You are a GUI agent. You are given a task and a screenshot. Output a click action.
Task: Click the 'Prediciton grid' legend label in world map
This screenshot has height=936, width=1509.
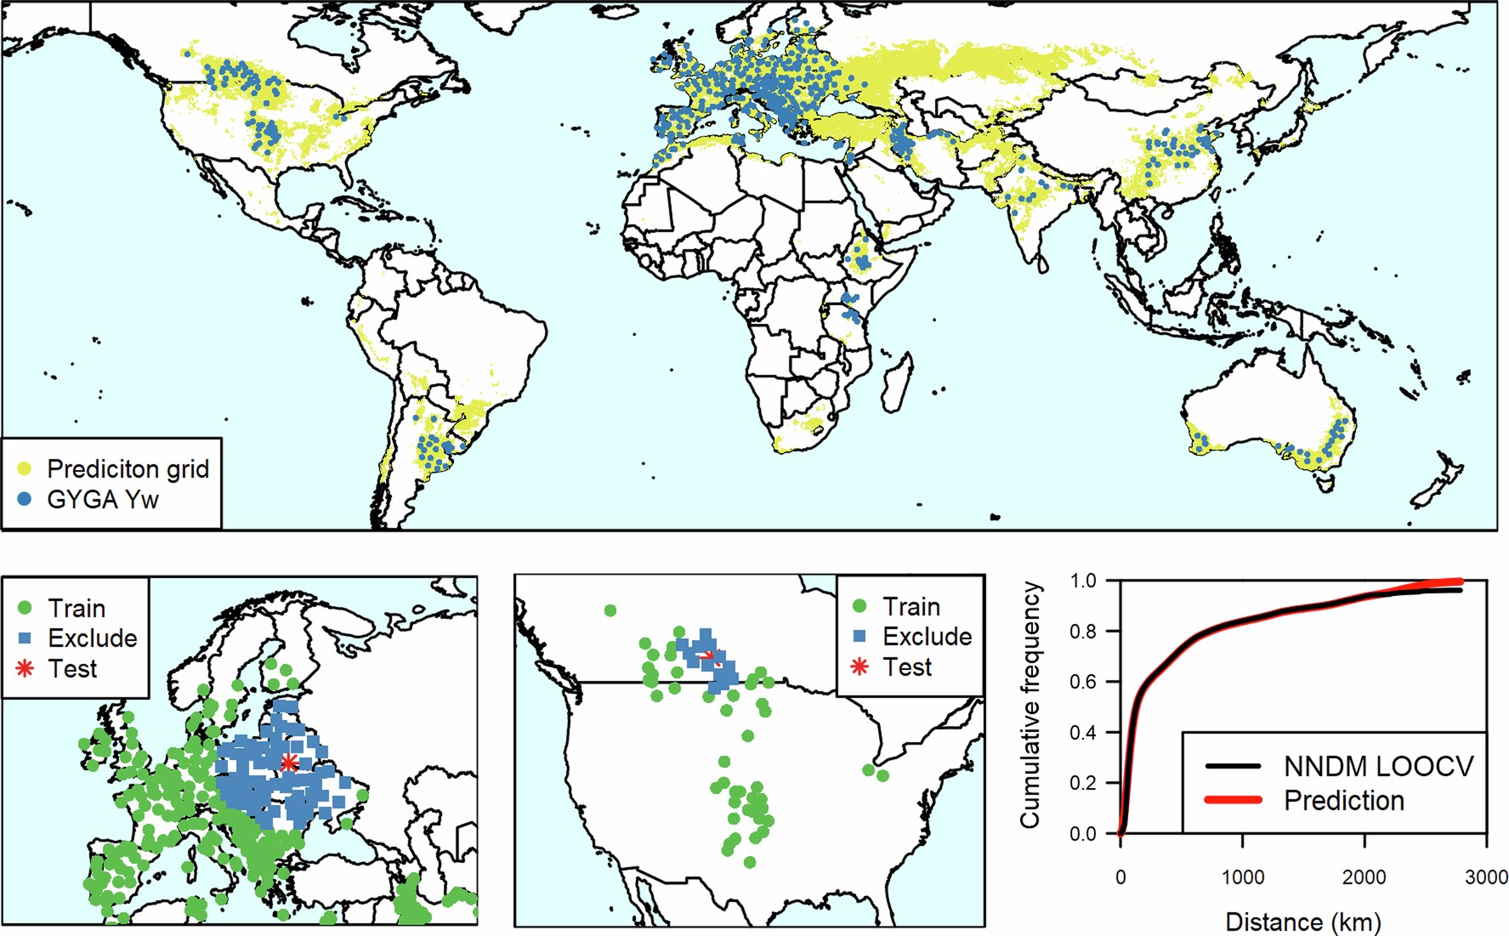[128, 468]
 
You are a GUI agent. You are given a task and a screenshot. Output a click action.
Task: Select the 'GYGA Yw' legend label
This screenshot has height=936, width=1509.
[102, 499]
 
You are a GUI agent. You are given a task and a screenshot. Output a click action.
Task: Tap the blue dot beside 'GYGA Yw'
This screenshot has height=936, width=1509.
[25, 499]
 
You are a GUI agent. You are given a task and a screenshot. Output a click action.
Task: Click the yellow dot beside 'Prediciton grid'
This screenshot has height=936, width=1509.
[25, 468]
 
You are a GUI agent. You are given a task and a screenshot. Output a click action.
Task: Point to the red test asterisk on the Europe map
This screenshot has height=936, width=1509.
[289, 762]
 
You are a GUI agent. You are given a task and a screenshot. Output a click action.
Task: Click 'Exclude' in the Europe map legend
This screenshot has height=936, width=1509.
[92, 638]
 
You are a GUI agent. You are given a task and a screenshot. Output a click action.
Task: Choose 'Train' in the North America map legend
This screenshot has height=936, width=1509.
[911, 607]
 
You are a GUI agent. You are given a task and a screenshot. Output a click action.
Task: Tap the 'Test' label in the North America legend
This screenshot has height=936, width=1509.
[907, 667]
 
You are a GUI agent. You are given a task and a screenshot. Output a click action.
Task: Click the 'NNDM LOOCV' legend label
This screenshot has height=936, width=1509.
[1378, 766]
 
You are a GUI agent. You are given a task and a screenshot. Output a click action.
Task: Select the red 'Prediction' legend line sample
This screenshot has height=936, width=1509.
[1233, 800]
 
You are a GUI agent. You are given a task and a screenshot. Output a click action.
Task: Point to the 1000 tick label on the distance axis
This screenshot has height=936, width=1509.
[1242, 877]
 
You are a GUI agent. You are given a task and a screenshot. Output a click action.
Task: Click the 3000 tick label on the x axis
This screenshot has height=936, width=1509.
[1485, 877]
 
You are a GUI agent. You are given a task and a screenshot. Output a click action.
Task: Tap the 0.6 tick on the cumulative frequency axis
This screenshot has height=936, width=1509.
[1083, 682]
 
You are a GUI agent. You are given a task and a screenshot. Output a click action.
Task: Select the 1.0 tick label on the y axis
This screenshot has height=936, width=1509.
[1083, 581]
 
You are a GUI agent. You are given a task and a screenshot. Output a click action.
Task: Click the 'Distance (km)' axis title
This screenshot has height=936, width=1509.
[1302, 922]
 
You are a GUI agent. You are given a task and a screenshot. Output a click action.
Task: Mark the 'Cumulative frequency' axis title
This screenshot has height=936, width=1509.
[1030, 705]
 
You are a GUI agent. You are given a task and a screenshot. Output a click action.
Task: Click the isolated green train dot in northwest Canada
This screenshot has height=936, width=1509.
[610, 610]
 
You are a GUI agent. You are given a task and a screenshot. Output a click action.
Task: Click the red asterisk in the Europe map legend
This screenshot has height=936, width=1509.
[25, 668]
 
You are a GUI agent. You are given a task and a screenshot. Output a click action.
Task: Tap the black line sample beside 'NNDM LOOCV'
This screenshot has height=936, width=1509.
[1233, 766]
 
